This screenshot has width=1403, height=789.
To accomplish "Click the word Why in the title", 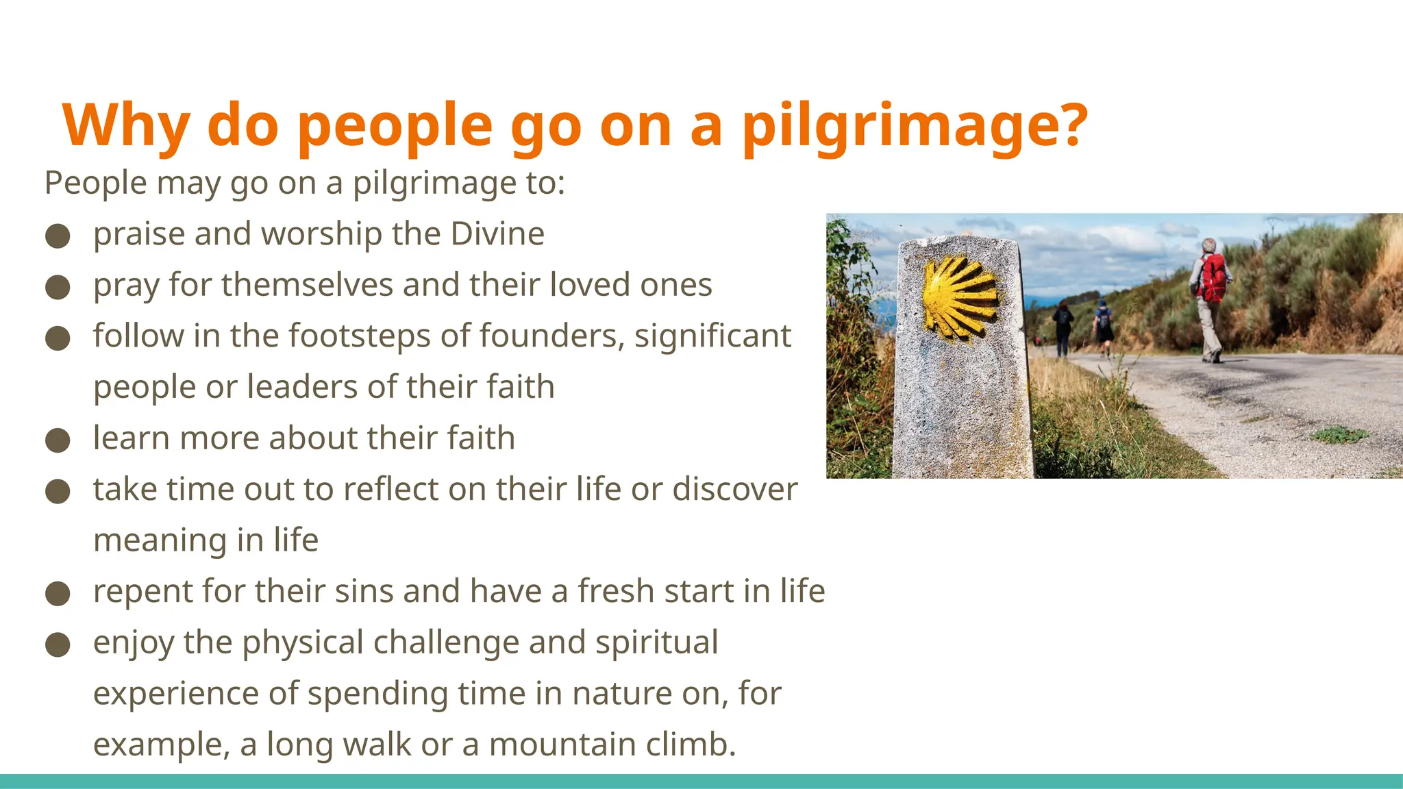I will [x=126, y=126].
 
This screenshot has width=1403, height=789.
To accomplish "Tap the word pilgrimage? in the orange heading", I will [x=915, y=126].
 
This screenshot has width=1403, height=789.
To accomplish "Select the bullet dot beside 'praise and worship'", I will [x=58, y=236].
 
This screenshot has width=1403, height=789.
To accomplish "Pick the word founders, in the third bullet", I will [x=551, y=336].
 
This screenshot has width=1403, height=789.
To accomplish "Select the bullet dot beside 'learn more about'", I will [x=58, y=440].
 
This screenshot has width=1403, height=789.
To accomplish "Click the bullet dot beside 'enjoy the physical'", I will [x=58, y=645].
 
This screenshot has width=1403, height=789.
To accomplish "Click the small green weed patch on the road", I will [x=1339, y=434].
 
